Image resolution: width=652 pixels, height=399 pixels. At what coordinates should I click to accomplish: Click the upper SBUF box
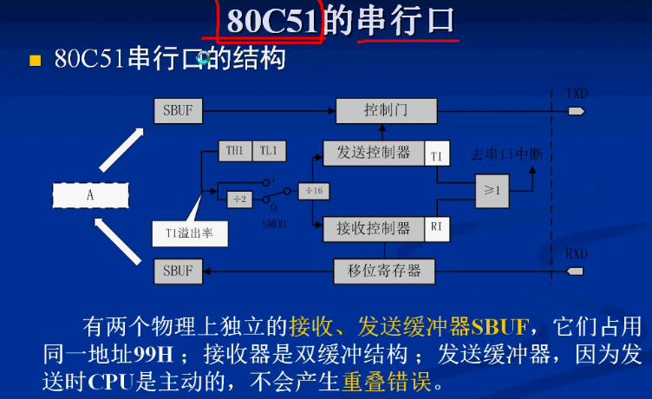178,110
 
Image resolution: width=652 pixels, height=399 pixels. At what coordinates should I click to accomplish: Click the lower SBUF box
178,271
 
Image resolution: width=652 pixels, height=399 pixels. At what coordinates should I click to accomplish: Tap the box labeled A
89,195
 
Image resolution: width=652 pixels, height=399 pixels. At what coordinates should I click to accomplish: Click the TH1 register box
234,151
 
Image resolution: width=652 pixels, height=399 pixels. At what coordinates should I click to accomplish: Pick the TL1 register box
269,151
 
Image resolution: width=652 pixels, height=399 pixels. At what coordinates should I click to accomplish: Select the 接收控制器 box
374,228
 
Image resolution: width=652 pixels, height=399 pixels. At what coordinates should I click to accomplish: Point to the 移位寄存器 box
384,271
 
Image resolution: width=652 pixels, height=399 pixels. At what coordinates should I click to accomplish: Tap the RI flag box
437,228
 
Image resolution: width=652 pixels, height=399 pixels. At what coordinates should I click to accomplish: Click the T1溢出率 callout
185,232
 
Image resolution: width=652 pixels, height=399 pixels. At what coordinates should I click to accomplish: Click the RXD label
577,255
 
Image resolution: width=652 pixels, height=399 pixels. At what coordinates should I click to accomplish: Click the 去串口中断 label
506,154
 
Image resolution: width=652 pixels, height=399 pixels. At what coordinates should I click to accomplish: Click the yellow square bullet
36,61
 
